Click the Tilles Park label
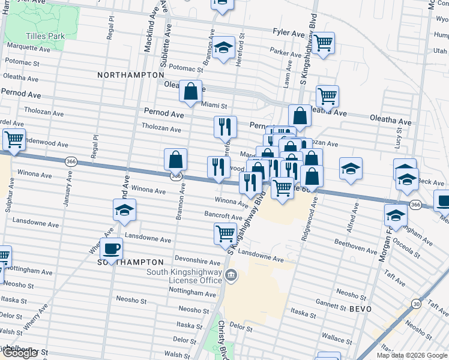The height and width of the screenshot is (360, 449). click(43, 36)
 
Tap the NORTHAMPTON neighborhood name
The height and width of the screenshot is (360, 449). click(131, 75)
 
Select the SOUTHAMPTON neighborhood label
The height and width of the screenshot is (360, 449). click(131, 262)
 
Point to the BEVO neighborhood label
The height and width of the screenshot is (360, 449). click(357, 308)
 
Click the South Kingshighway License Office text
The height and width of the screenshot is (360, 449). click(184, 277)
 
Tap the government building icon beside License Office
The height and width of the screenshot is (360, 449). click(232, 276)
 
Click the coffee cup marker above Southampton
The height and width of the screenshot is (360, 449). click(112, 248)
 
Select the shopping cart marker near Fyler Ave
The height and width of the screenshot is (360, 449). click(324, 43)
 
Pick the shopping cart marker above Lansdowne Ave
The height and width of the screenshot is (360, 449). click(225, 233)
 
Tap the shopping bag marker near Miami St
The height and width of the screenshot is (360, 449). click(190, 92)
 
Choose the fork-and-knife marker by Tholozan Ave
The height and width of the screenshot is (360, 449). click(225, 126)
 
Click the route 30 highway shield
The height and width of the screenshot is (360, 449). click(416, 305)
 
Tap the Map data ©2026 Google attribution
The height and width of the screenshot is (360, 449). click(411, 355)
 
